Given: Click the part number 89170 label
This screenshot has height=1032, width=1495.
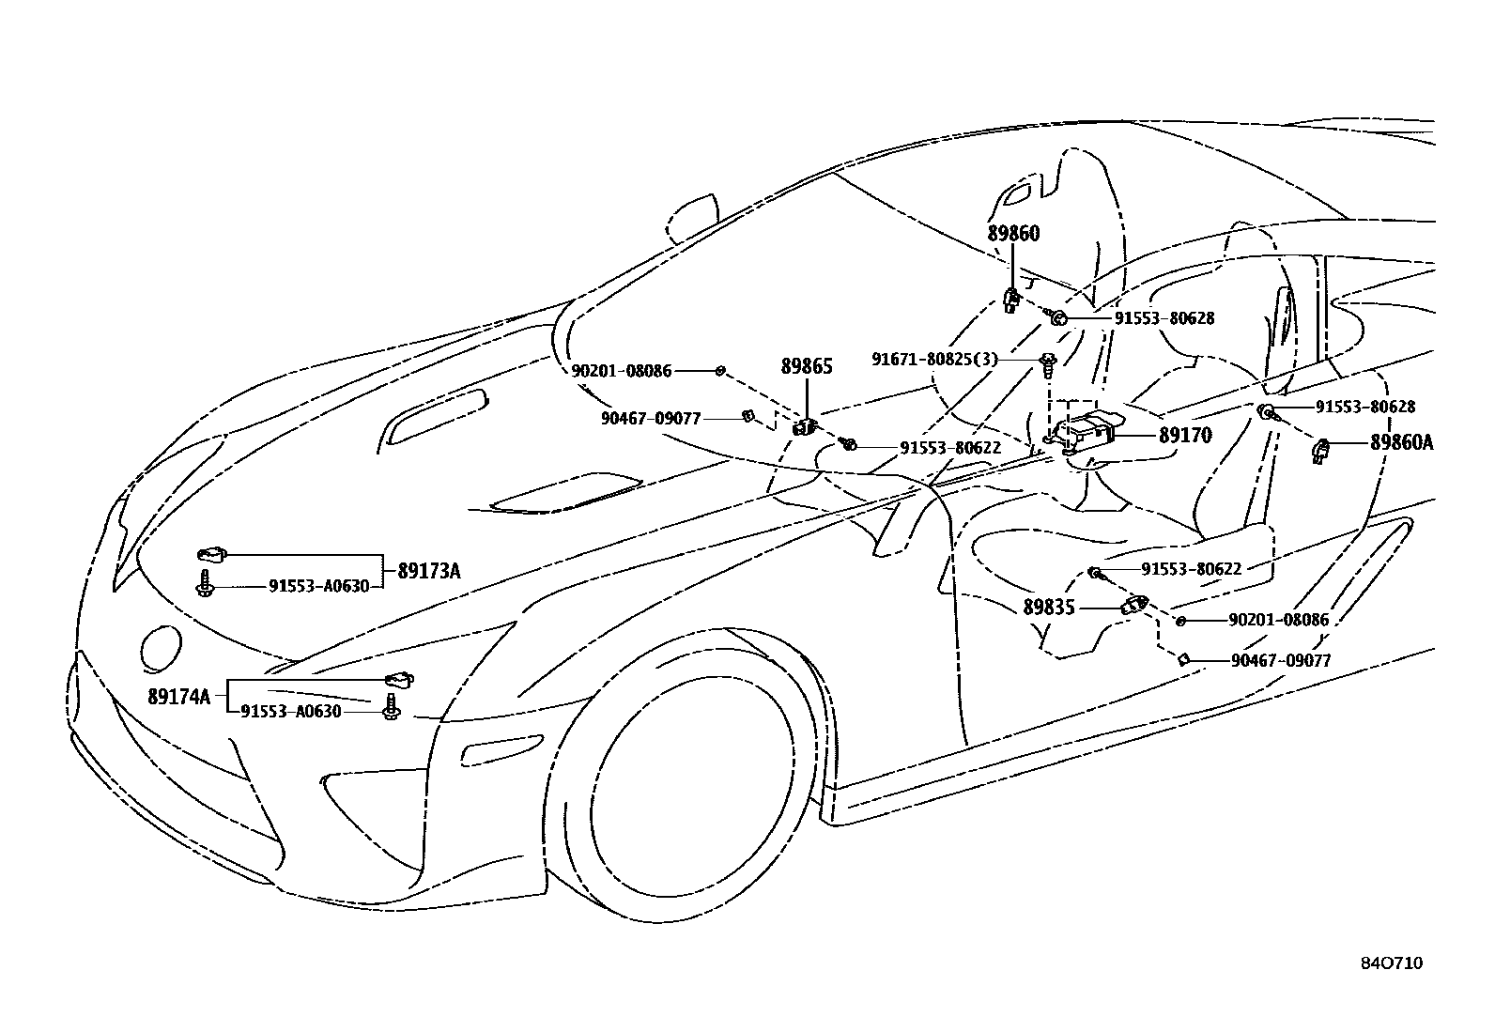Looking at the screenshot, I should point(1184,436).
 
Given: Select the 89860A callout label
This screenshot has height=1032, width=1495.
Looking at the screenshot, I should point(1400,443).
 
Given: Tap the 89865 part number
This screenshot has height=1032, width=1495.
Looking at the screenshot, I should point(807,366).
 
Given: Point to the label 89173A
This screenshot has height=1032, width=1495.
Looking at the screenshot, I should point(428,571).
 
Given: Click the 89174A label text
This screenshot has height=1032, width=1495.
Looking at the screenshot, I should point(178,697).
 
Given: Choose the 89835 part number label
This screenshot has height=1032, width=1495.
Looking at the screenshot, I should point(1048,608).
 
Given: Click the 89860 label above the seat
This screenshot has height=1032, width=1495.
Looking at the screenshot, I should point(1013,234).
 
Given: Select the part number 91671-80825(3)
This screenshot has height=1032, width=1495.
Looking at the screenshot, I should point(934,360).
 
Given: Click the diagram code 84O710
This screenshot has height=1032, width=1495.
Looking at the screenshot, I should point(1392,963).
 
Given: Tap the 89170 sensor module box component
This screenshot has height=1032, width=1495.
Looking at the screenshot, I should point(1083,433).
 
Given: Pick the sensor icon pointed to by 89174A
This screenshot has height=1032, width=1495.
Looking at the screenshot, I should point(399,679).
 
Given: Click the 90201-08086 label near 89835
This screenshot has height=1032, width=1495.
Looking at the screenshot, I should point(1278,621).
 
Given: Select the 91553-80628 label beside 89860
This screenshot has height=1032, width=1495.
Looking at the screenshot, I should point(1164,318).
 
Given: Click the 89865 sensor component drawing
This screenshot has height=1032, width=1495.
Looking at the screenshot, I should point(804,426).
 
